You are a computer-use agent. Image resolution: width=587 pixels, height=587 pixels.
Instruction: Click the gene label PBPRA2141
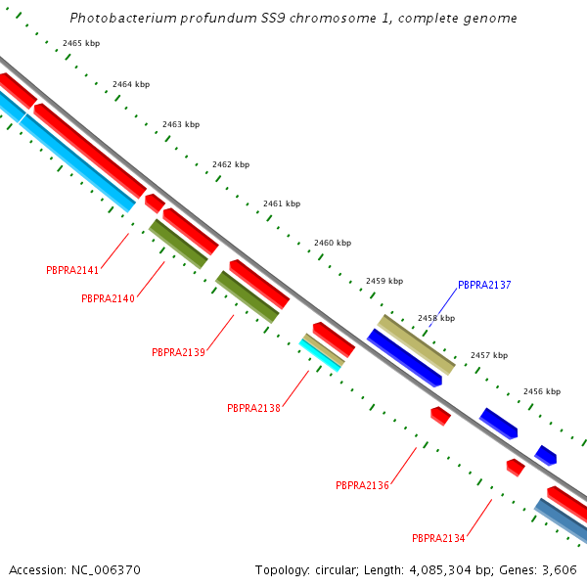click(x=72, y=270)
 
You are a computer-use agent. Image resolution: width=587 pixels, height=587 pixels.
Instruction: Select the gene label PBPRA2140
click(x=108, y=299)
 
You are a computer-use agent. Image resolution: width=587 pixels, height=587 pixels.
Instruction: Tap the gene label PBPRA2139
click(x=178, y=352)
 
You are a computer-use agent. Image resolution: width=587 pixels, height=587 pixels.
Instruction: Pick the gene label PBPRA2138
click(x=253, y=408)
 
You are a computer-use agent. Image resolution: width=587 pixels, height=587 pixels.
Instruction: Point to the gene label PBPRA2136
click(x=362, y=485)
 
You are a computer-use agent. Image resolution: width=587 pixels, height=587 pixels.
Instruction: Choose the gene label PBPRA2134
click(x=438, y=538)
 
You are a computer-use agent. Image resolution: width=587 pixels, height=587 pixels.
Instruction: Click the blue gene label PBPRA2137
click(x=484, y=286)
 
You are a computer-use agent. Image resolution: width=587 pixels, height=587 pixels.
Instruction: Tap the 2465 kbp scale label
click(x=80, y=44)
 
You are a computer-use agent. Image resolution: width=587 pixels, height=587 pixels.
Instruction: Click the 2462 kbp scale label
click(x=232, y=164)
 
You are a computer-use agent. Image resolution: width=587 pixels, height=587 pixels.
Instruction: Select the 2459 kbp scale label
click(x=384, y=281)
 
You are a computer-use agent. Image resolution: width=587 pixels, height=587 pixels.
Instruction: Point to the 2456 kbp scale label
click(x=542, y=391)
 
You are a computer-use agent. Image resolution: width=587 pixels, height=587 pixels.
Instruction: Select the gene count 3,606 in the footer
click(x=560, y=569)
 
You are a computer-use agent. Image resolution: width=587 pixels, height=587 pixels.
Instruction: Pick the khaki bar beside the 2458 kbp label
click(x=417, y=343)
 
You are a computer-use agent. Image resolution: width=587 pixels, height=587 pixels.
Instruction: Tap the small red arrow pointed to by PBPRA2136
click(x=440, y=416)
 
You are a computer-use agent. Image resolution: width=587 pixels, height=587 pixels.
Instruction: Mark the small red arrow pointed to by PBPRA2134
click(x=516, y=467)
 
